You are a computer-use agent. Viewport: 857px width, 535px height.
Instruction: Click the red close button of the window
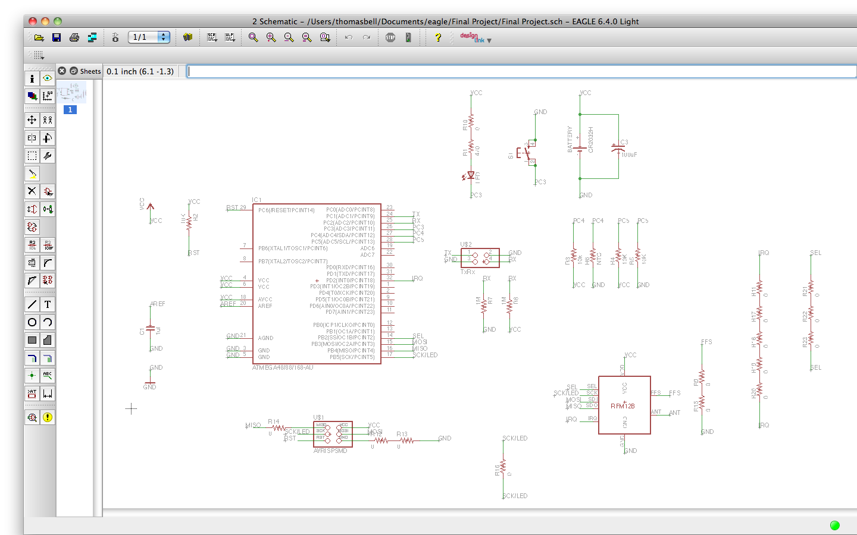(33, 21)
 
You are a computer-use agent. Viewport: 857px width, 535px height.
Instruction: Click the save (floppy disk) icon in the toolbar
(57, 37)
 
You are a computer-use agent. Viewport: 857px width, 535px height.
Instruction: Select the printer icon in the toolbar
(74, 37)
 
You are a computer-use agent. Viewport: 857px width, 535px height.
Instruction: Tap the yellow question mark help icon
(438, 37)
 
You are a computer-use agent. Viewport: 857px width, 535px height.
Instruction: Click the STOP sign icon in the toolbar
(390, 37)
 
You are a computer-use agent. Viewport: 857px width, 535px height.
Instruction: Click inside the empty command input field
(518, 71)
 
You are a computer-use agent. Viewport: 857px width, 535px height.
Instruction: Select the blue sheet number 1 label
(70, 110)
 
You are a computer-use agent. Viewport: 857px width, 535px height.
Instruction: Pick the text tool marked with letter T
(48, 304)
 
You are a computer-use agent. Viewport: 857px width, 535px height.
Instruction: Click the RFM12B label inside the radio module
(623, 406)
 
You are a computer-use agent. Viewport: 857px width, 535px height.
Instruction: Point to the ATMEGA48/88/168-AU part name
(283, 368)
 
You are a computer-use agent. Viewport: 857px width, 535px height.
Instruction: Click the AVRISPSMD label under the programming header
(330, 451)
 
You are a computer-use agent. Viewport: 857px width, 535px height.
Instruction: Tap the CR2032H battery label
(591, 140)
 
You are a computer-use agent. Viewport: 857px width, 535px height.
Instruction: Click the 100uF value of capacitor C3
(629, 155)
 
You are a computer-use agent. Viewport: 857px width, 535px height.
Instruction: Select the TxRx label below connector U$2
(468, 272)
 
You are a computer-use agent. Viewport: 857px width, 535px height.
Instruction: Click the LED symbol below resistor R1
(470, 176)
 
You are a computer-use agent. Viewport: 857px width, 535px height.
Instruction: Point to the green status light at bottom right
(834, 525)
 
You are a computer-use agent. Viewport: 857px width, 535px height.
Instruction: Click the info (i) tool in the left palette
(32, 78)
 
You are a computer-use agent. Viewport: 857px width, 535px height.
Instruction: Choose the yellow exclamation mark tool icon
(48, 417)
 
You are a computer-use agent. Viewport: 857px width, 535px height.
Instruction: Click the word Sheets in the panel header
(90, 71)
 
